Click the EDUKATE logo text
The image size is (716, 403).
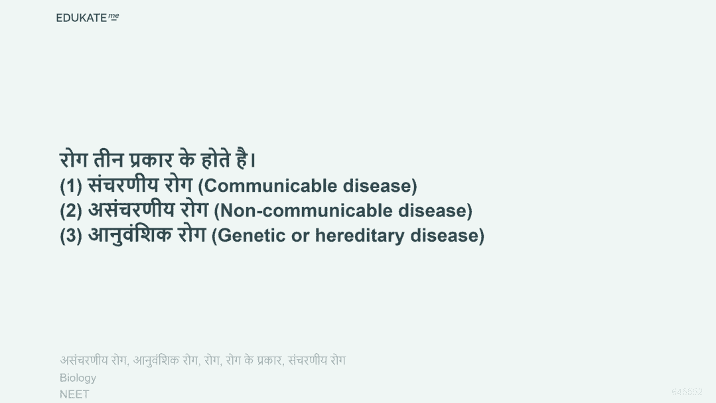81,18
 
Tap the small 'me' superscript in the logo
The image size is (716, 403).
113,17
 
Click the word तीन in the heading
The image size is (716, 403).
108,159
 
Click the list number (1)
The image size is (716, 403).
71,186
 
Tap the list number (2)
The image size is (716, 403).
71,210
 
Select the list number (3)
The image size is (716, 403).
71,236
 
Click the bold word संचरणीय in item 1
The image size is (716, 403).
123,185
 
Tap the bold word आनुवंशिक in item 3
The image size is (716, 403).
129,235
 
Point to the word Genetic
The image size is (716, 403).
248,236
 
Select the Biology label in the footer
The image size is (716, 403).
78,378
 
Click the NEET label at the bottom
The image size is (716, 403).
74,394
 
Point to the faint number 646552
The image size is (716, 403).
687,392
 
